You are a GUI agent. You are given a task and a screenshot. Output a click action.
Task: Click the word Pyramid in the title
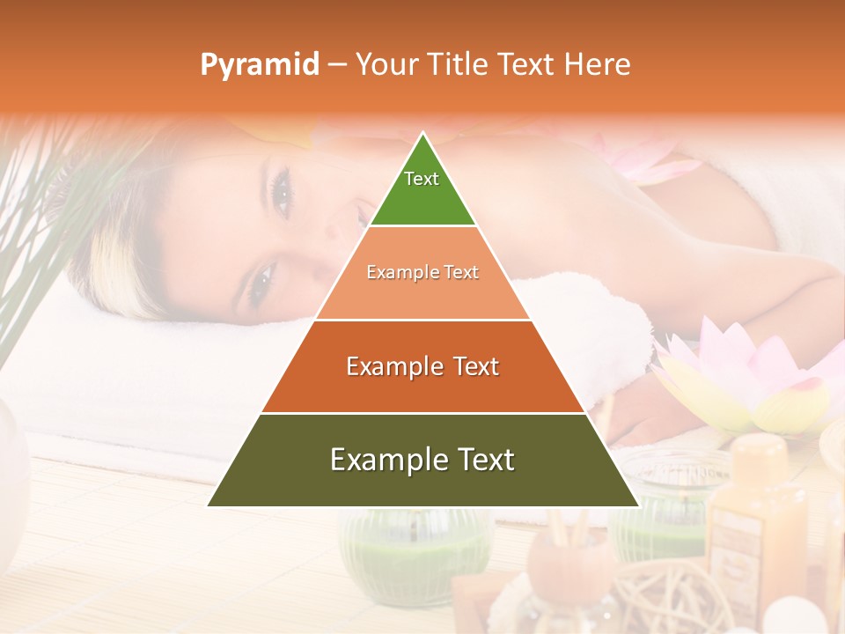coord(259,65)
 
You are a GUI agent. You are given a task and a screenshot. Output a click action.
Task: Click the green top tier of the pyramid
coord(422,189)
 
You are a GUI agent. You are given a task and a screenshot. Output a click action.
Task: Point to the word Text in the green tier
coord(422,179)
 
